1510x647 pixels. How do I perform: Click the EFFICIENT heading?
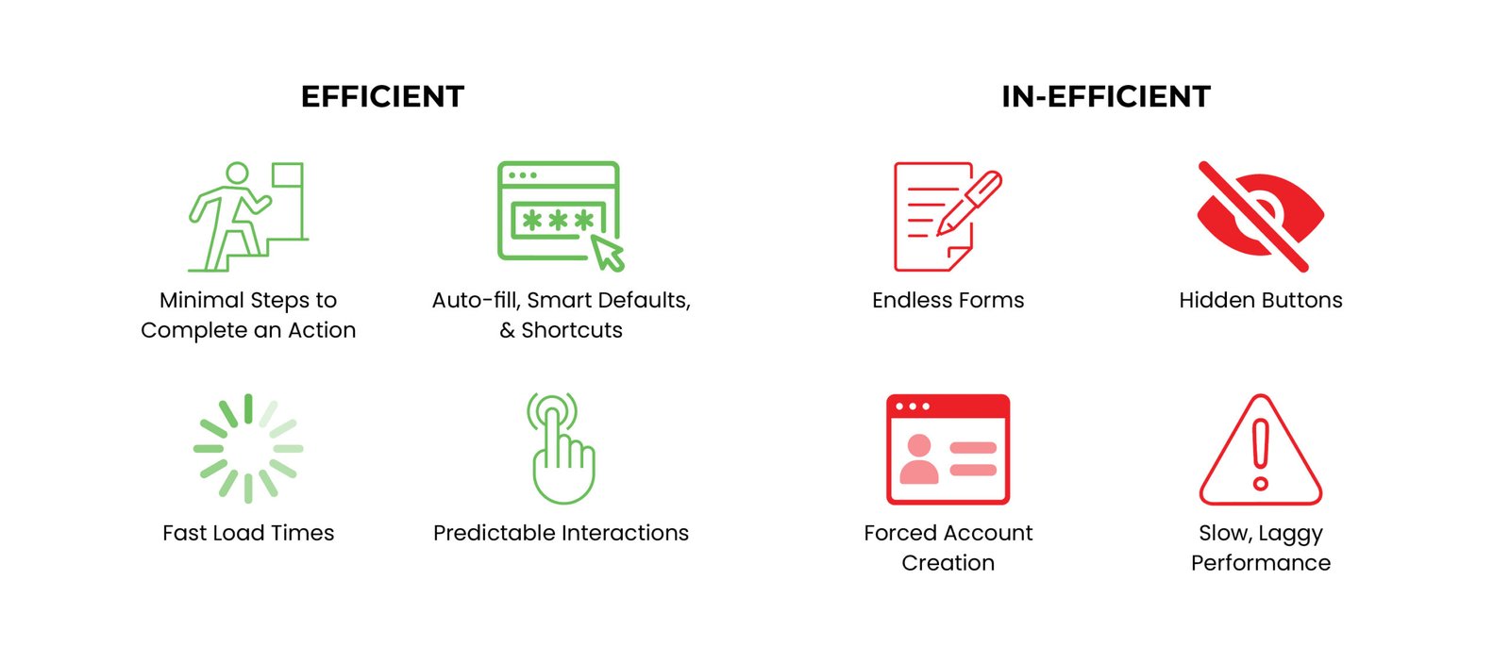(382, 96)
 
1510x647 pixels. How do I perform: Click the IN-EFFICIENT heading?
(1106, 96)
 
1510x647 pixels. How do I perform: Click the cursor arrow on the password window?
(607, 253)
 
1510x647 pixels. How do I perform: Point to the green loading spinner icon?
(248, 449)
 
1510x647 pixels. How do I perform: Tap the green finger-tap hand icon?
(562, 449)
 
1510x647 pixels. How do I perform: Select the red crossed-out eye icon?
(1260, 216)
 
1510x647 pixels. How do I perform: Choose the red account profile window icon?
(948, 450)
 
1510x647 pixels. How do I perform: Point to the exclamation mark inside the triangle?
(1261, 455)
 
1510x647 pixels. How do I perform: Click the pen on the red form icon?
(969, 204)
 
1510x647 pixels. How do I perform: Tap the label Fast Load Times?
(248, 533)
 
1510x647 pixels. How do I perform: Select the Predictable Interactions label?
(561, 533)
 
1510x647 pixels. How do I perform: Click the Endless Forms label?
(948, 300)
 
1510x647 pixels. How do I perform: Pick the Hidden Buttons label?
(1261, 300)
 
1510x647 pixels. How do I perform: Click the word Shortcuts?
(572, 330)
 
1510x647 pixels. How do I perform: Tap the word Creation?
(948, 563)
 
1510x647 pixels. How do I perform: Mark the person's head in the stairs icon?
(237, 174)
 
